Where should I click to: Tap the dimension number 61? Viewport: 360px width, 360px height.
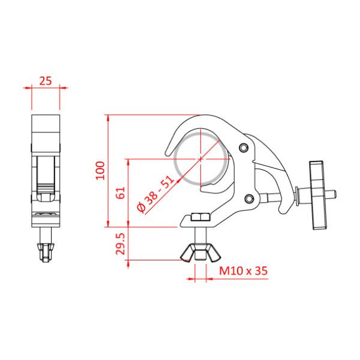coord(120,193)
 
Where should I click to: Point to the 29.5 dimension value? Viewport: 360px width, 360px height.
coord(120,244)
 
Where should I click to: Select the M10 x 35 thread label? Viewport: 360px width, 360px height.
coord(242,271)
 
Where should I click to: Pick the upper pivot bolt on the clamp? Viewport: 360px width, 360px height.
coord(242,148)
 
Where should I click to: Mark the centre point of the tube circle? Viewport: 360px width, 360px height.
coord(200,159)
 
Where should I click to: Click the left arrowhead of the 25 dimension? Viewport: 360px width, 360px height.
coord(28,88)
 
